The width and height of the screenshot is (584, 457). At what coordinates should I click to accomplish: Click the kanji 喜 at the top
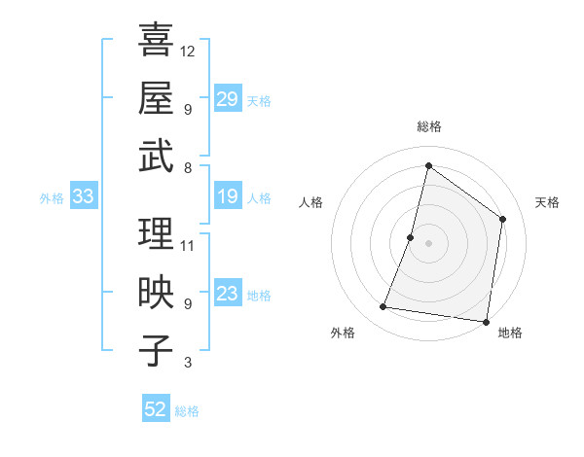click(156, 41)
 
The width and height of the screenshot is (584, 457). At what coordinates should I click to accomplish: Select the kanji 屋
click(156, 97)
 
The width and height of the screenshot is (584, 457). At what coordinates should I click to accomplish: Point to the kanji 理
click(156, 234)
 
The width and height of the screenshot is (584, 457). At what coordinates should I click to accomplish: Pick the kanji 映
click(156, 293)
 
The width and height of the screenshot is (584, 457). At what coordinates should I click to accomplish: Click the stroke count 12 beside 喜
click(188, 51)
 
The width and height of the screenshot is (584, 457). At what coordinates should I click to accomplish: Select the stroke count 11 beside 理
click(188, 245)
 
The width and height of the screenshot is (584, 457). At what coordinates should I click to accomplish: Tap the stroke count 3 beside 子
click(188, 363)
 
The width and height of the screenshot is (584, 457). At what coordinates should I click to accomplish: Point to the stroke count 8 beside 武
click(188, 167)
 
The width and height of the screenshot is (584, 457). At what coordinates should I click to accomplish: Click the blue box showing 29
click(227, 99)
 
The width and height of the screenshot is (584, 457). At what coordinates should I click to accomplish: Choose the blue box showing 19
click(227, 197)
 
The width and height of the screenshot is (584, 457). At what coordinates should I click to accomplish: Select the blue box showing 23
click(227, 294)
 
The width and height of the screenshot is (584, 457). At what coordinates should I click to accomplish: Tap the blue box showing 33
click(83, 197)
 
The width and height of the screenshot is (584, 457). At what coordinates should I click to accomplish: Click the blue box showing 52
click(156, 409)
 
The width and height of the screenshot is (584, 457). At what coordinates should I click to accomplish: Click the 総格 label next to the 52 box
click(187, 411)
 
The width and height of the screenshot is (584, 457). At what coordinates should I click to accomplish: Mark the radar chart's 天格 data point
click(503, 219)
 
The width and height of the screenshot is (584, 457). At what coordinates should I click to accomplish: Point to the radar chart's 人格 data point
click(411, 237)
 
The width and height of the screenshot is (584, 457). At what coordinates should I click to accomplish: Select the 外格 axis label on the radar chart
click(343, 333)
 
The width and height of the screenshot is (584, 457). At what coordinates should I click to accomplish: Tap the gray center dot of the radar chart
click(428, 243)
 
